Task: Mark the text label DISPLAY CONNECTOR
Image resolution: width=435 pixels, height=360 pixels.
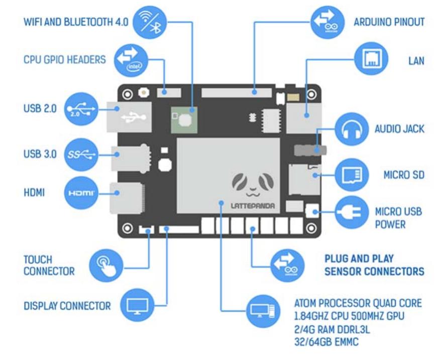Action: (67, 305)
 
